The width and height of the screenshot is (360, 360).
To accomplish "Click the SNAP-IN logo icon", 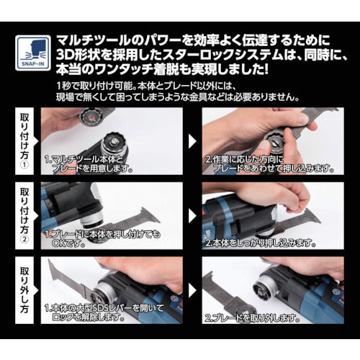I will (32, 53).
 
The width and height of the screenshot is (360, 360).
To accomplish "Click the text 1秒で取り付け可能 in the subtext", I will (91, 86).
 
